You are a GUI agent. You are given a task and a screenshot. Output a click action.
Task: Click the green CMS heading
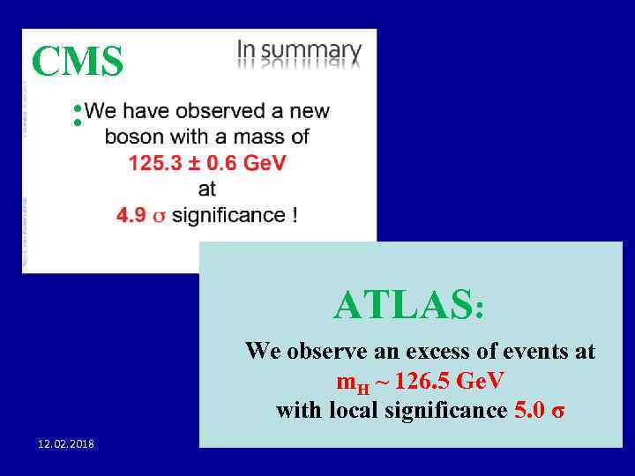(x=77, y=62)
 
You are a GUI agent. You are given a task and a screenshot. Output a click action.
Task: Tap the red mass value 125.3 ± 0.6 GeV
(x=207, y=163)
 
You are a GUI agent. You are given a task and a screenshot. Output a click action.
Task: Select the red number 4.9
(x=131, y=215)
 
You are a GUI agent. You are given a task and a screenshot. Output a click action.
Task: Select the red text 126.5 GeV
(x=451, y=382)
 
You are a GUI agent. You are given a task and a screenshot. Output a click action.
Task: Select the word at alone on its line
(x=207, y=189)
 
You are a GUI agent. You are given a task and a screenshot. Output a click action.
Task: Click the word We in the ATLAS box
(x=262, y=352)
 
